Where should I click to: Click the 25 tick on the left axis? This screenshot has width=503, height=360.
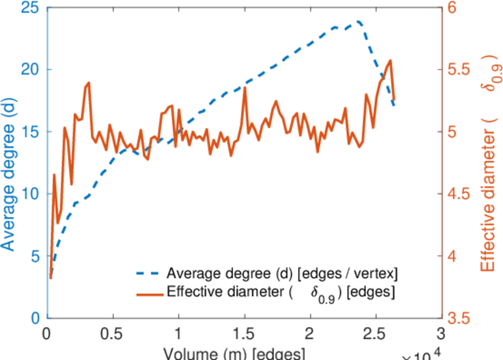[28, 8]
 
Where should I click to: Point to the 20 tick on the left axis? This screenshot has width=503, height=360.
[28, 70]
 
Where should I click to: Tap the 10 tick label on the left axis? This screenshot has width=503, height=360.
[28, 194]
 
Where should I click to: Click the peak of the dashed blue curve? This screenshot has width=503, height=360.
[358, 22]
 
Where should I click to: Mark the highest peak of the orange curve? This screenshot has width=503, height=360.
[391, 60]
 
